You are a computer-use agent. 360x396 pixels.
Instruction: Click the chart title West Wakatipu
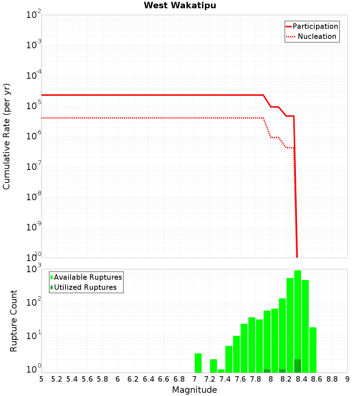click(x=180, y=6)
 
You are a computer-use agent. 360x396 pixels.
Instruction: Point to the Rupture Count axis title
click(x=14, y=321)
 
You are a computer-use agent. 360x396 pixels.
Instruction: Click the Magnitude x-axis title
click(x=194, y=390)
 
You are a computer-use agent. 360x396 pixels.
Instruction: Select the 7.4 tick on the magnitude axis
click(x=225, y=379)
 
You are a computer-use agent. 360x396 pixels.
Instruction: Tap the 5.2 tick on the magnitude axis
click(x=57, y=379)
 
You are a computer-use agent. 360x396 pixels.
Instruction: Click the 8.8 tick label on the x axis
click(x=332, y=379)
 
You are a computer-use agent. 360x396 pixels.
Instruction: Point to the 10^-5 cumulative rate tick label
click(x=33, y=106)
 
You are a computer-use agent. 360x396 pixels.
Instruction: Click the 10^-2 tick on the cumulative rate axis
click(x=33, y=15)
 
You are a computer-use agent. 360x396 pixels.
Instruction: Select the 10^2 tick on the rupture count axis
click(x=33, y=302)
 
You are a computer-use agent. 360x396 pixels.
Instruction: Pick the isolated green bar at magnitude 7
click(x=198, y=363)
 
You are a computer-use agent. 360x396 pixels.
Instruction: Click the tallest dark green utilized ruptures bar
click(x=297, y=366)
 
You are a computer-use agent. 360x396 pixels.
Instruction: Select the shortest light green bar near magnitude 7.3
click(x=221, y=371)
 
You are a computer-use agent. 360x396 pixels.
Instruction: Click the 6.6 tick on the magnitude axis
click(x=164, y=379)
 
